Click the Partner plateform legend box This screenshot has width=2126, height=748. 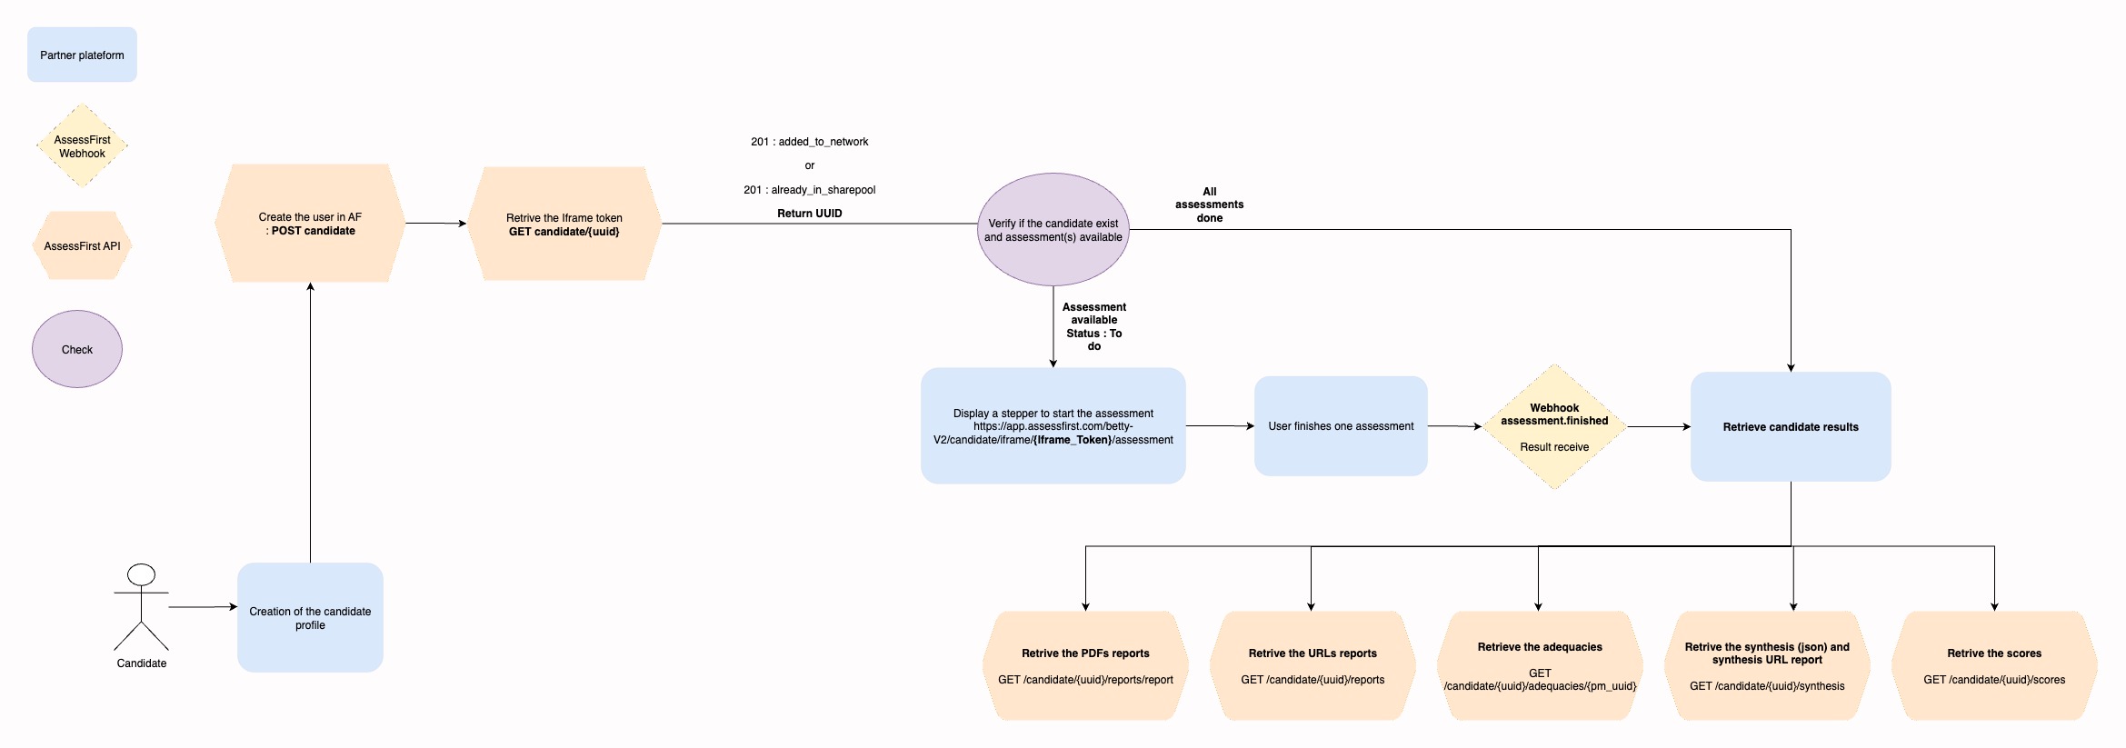tap(82, 55)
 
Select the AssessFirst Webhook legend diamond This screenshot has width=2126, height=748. tap(82, 145)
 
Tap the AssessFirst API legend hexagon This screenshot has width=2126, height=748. tap(82, 245)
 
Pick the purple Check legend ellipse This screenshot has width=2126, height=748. tap(77, 349)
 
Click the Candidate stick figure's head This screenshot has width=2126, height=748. tap(141, 574)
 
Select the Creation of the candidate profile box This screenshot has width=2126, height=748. tap(310, 617)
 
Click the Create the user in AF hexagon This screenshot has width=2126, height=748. tap(310, 223)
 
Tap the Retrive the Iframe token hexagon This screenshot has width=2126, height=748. tap(564, 224)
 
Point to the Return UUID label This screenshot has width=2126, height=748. tap(810, 214)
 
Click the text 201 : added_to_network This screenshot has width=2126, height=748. tap(810, 142)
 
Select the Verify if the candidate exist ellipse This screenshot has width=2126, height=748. tap(1053, 229)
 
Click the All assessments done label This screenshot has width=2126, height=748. tap(1210, 204)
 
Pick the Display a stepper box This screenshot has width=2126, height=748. tap(1053, 425)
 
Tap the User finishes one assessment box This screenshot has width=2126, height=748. tap(1341, 425)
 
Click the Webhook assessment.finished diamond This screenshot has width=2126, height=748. tap(1555, 427)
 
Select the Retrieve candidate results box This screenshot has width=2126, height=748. tap(1791, 426)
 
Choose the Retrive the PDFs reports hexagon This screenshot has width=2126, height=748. tap(1085, 665)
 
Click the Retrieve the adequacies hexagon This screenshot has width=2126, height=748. tap(1540, 665)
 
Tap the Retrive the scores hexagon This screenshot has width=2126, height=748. tap(1994, 665)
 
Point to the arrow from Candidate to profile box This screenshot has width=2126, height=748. tap(203, 606)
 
